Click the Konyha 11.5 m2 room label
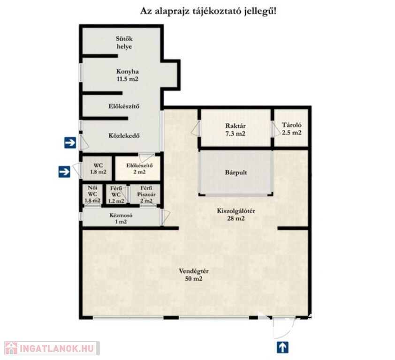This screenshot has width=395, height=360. tap(127, 75)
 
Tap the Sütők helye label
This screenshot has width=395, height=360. tap(124, 43)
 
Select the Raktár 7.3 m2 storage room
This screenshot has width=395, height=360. tap(235, 128)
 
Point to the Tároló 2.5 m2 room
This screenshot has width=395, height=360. tap(291, 128)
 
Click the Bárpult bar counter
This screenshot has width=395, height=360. tap(236, 172)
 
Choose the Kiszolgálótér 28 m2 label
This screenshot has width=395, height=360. tap(236, 215)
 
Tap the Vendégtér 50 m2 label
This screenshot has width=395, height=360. tap(194, 275)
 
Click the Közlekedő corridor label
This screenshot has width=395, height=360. tap(124, 135)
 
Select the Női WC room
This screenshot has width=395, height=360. tap(92, 195)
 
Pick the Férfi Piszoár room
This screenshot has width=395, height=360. tap(145, 195)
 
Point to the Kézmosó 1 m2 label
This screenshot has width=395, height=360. tap(121, 218)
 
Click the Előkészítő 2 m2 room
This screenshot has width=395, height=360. tap(138, 168)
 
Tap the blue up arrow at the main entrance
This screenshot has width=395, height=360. tap(282, 347)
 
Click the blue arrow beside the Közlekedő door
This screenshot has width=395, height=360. tap(70, 143)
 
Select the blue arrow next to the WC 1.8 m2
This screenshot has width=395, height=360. tap(64, 172)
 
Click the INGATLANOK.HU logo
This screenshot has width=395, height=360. tap(52, 348)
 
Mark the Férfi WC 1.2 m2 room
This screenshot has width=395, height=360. tap(116, 195)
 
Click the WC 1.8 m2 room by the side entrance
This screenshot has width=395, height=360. tap(98, 168)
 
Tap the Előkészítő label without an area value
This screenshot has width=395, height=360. tap(124, 106)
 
